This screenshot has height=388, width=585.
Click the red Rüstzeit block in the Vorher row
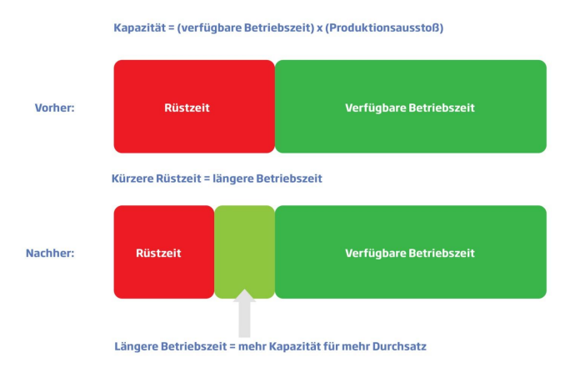click(193, 107)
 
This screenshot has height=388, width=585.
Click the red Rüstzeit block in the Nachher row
click(163, 252)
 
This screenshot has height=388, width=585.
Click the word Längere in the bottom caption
click(136, 345)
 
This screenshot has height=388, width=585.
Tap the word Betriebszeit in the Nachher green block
click(442, 253)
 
